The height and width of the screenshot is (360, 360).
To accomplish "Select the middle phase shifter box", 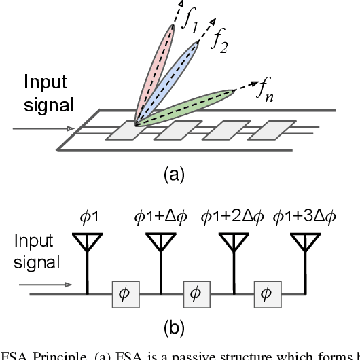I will pyautogui.click(x=196, y=293).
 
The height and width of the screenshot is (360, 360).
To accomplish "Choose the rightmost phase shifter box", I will pyautogui.click(x=266, y=293).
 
